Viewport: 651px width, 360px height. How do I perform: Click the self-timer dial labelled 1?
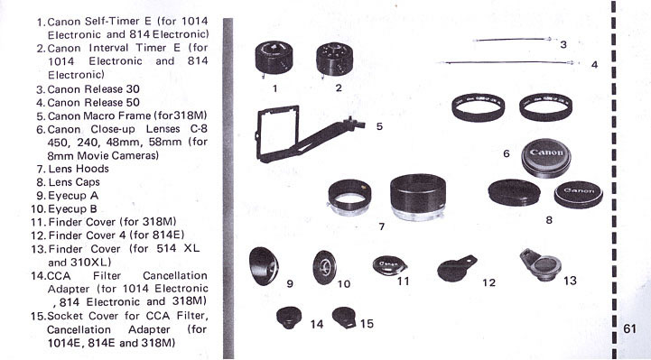pyautogui.click(x=274, y=58)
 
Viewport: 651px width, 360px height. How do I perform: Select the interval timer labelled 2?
pyautogui.click(x=335, y=60)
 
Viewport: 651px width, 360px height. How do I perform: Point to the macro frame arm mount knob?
pyautogui.click(x=353, y=124)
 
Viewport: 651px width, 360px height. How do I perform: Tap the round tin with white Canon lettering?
pyautogui.click(x=546, y=158)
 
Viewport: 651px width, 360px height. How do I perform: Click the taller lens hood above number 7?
pyautogui.click(x=418, y=197)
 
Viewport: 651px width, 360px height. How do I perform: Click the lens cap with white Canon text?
pyautogui.click(x=579, y=195)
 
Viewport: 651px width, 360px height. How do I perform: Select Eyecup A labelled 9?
pyautogui.click(x=264, y=266)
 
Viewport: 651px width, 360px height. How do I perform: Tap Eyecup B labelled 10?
pyautogui.click(x=324, y=267)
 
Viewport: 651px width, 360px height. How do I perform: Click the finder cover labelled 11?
pyautogui.click(x=389, y=265)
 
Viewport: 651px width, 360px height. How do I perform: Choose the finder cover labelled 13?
pyautogui.click(x=541, y=264)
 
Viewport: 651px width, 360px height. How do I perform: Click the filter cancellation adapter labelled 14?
pyautogui.click(x=289, y=318)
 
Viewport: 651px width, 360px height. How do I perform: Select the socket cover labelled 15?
pyautogui.click(x=344, y=318)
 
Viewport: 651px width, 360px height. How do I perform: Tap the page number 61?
pyautogui.click(x=629, y=328)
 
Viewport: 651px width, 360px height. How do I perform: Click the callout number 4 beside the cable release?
pyautogui.click(x=594, y=65)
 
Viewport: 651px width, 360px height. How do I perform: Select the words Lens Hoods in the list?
pyautogui.click(x=79, y=169)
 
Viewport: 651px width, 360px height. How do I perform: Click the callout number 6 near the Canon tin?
pyautogui.click(x=507, y=154)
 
